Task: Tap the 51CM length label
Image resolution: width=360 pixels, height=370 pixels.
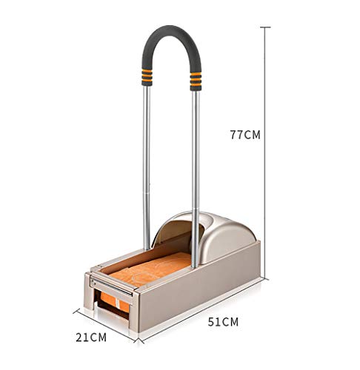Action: pos(222,322)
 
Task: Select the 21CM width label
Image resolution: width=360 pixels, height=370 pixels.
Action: pos(93,337)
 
